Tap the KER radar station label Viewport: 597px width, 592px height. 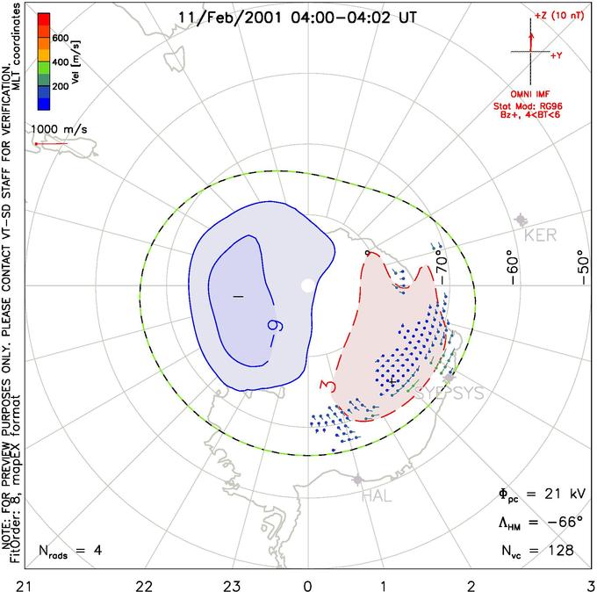coord(541,236)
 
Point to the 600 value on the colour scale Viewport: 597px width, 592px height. coord(60,39)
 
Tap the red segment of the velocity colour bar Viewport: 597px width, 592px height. coord(43,23)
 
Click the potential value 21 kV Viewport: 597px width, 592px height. coord(552,495)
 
